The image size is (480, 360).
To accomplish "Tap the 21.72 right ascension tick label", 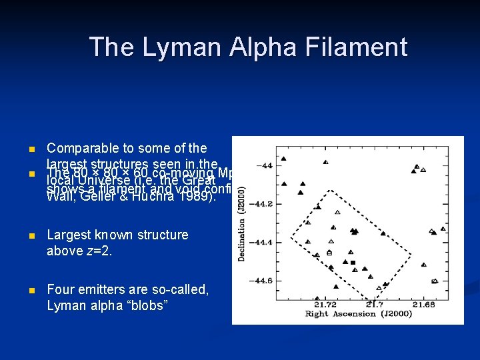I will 325,305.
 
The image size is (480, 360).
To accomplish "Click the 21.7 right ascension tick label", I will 375,305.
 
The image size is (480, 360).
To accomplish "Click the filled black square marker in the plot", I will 353,263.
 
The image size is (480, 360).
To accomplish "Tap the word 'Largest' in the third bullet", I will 69,235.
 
